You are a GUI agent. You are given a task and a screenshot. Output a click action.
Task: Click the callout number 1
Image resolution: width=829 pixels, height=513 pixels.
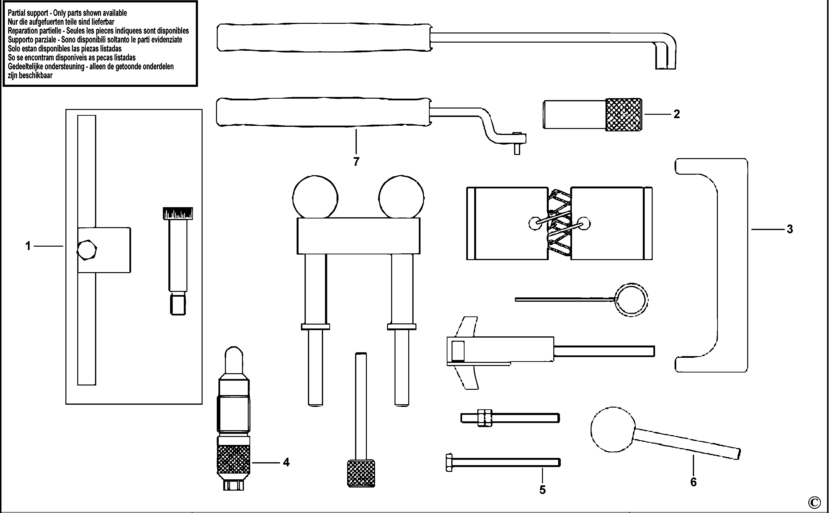click(x=28, y=246)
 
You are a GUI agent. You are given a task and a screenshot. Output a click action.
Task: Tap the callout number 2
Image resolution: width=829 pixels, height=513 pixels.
click(x=677, y=114)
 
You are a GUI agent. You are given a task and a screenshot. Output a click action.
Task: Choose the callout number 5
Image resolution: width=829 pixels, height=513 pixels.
click(x=542, y=490)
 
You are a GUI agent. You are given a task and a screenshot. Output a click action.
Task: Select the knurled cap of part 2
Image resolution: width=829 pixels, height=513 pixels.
click(x=624, y=115)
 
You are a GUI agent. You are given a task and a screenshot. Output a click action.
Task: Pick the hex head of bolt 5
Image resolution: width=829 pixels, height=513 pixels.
click(x=449, y=462)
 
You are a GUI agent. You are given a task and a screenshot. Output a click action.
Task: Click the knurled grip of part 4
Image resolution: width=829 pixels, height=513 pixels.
click(x=233, y=460)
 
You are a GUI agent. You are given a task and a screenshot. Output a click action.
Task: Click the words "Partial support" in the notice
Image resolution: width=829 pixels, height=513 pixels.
click(x=28, y=13)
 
